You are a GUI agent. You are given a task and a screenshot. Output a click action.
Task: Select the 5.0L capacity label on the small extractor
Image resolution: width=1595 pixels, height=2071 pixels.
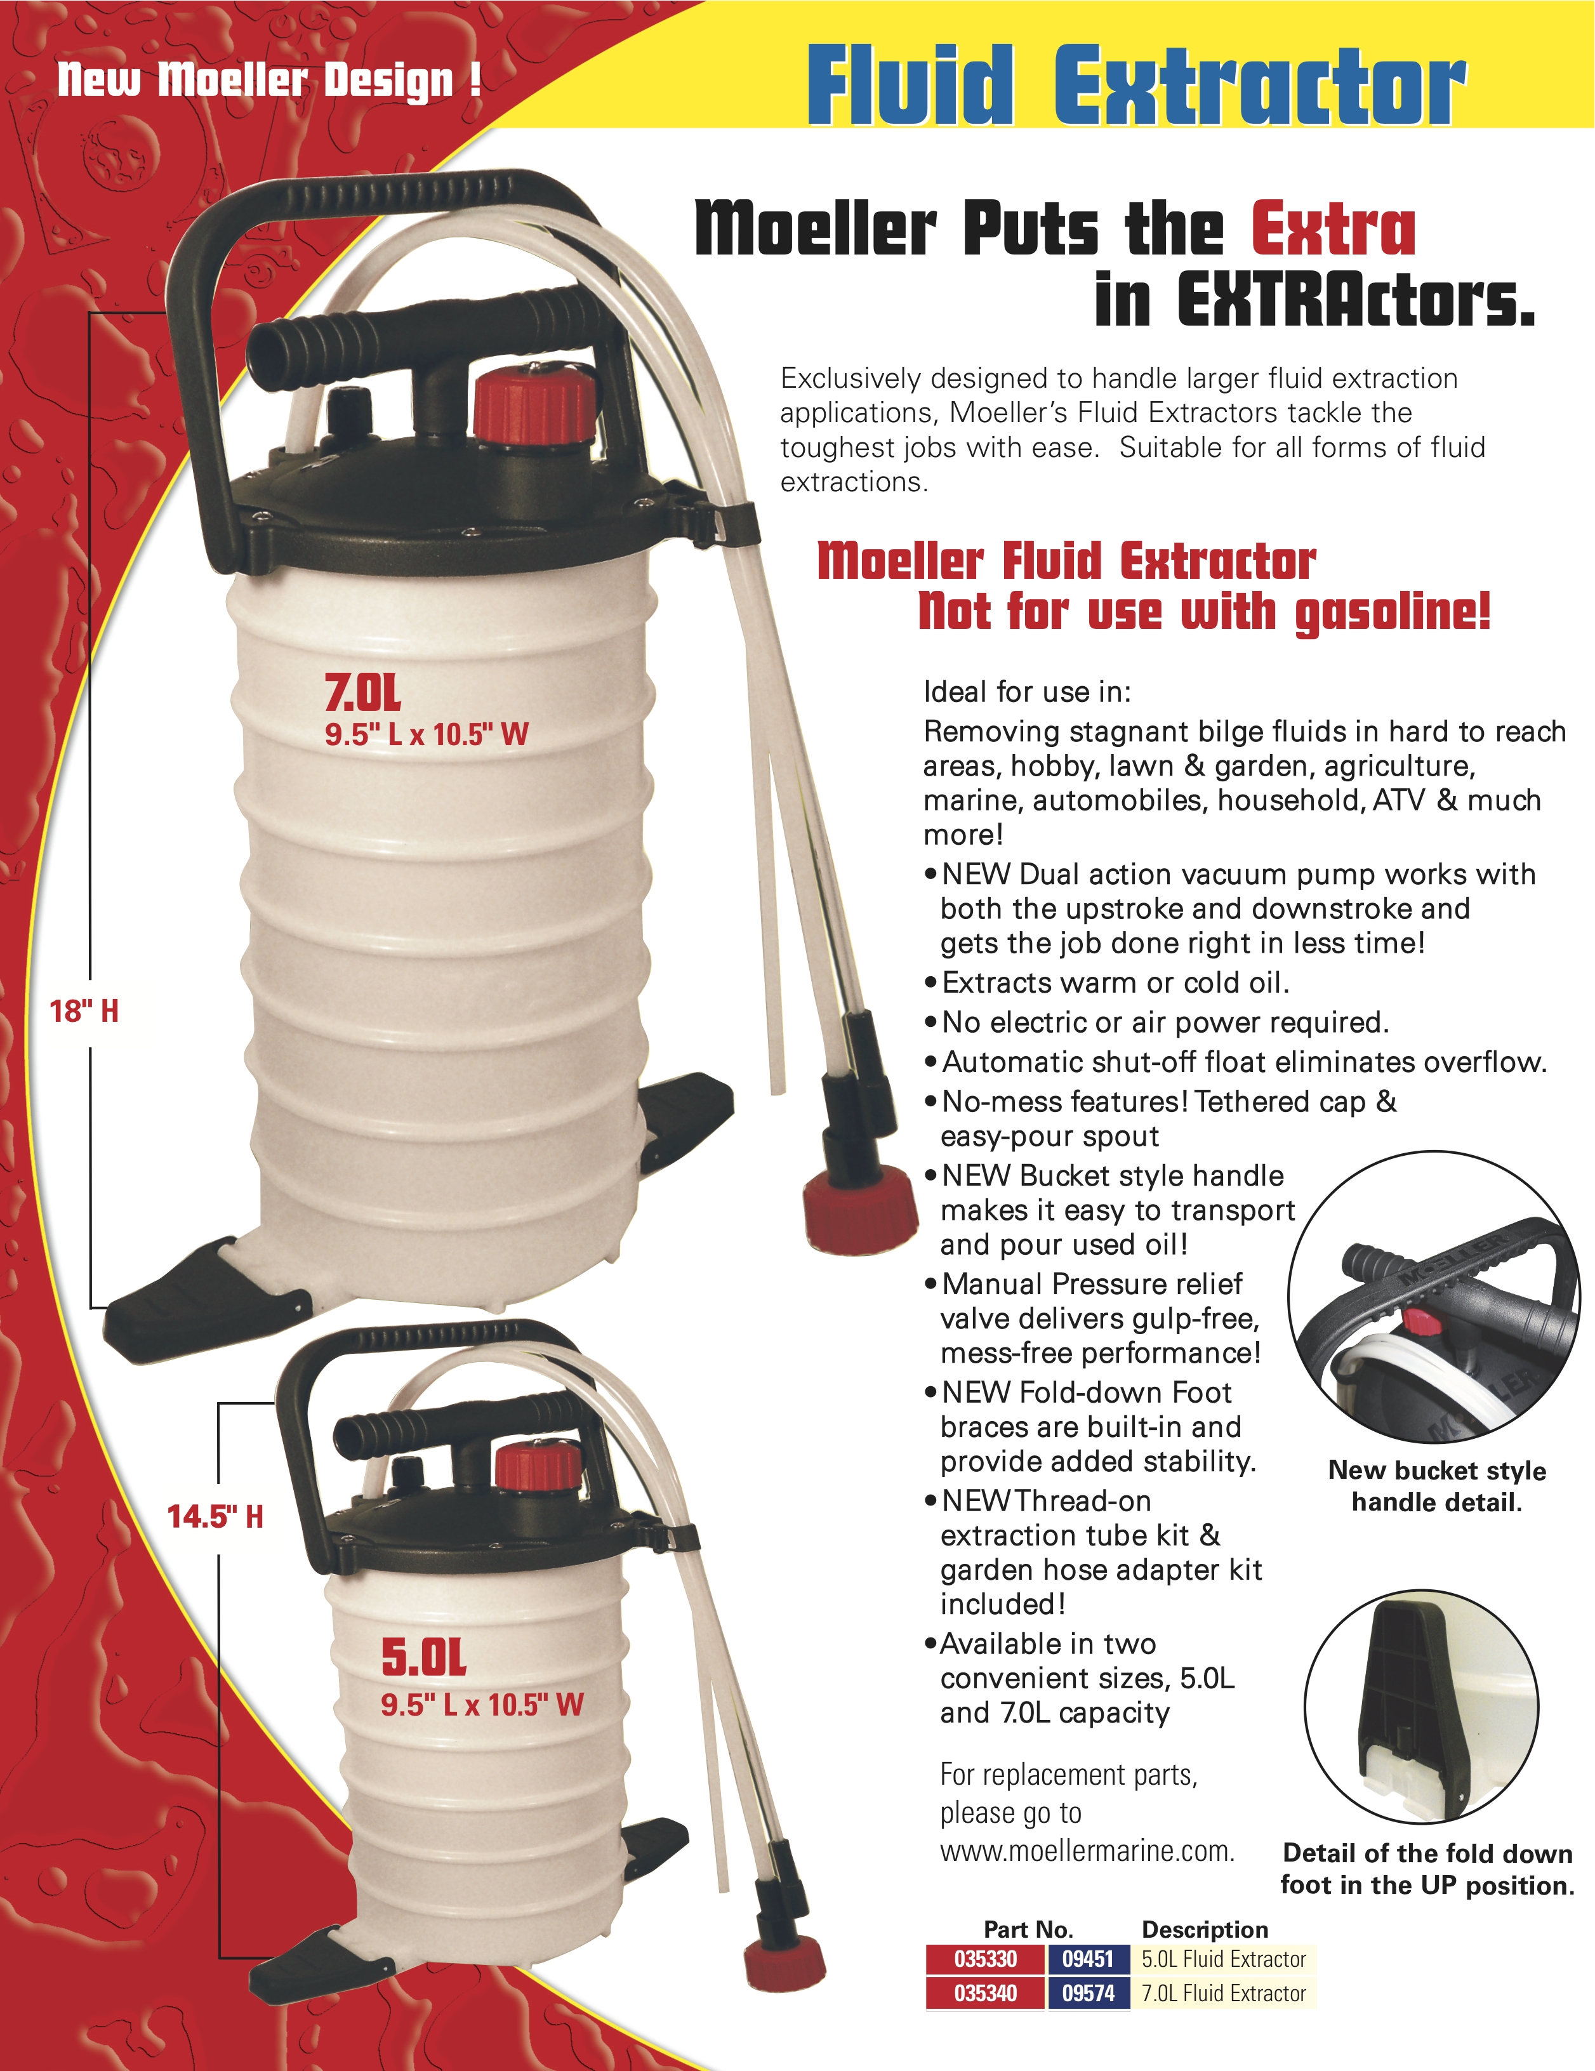(424, 1658)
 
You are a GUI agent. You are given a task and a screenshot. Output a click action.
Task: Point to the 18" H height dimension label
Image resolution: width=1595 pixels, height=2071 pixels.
(84, 1011)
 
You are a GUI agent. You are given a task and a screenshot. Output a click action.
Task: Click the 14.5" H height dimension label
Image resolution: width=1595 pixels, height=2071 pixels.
(215, 1516)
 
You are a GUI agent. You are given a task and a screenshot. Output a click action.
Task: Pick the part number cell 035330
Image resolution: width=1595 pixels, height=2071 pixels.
(985, 1959)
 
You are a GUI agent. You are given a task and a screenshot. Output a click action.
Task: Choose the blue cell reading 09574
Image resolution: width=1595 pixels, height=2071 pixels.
(1088, 1993)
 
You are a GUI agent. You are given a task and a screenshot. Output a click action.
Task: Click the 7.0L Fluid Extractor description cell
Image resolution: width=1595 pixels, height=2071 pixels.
(1223, 1993)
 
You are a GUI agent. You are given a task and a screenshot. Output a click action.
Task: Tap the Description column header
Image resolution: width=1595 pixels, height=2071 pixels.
(1204, 1929)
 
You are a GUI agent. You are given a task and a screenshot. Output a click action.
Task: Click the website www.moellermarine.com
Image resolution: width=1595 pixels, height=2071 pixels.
(1087, 1850)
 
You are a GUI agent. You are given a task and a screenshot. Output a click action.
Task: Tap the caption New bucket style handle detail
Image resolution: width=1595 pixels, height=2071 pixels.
(1436, 1486)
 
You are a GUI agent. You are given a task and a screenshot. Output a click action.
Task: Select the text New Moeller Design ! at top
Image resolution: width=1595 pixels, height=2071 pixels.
(269, 81)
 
